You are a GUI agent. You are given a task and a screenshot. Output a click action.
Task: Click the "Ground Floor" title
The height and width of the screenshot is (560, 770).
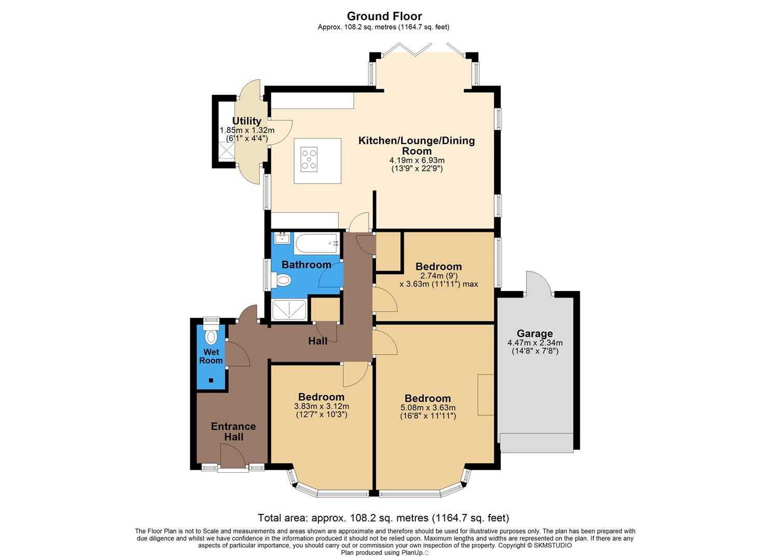384,16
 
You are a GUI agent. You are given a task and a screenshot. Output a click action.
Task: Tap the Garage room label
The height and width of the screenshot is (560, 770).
535,333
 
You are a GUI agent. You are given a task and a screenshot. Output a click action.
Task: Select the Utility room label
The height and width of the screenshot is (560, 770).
247,121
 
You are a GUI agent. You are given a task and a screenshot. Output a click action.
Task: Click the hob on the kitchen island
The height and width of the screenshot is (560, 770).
310,159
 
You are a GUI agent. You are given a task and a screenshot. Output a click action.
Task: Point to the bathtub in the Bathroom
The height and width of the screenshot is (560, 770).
316,243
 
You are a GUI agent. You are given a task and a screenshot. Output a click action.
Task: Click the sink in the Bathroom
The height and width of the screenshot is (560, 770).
282,238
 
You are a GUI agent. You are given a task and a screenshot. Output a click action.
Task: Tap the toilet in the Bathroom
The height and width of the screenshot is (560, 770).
284,281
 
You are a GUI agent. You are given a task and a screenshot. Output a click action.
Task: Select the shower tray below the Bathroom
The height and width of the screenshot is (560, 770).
289,310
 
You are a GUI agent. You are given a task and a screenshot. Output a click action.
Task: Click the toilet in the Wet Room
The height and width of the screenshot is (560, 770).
211,337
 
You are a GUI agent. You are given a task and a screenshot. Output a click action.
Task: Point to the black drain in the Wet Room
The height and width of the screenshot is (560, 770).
211,381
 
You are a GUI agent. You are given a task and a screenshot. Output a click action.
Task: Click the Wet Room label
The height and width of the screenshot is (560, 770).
211,356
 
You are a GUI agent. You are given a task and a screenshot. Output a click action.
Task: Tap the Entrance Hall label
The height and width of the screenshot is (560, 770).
233,431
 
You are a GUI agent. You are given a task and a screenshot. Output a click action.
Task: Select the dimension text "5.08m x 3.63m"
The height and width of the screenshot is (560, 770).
428,408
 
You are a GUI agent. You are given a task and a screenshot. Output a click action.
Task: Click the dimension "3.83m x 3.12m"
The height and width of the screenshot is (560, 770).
321,407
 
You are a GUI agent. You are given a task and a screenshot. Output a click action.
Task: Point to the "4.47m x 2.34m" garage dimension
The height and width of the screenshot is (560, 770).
535,343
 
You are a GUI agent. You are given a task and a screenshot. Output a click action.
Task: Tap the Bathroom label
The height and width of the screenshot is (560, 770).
306,265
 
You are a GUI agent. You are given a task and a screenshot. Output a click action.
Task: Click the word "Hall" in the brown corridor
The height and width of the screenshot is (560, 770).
318,341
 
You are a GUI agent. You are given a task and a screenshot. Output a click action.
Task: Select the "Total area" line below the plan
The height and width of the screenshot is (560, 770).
384,518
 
